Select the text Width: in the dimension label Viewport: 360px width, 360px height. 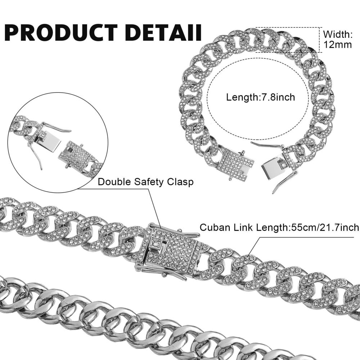click(x=338, y=35)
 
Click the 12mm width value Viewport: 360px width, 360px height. click(x=338, y=45)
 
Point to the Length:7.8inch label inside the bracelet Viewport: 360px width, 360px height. click(x=261, y=97)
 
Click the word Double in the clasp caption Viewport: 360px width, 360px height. click(x=114, y=182)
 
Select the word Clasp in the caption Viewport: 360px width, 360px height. click(x=180, y=182)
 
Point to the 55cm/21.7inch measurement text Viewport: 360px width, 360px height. click(x=325, y=228)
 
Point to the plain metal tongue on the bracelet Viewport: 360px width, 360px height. click(x=271, y=165)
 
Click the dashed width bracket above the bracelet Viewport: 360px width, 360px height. click(x=287, y=40)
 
